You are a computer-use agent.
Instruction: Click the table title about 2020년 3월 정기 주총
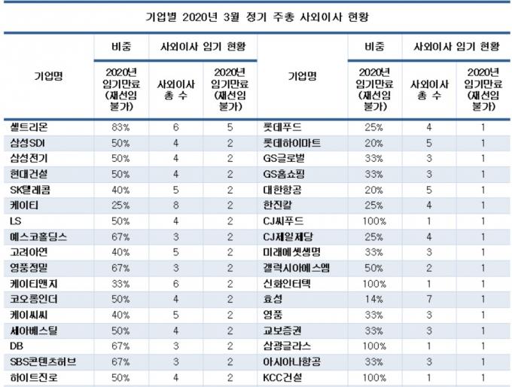(257, 17)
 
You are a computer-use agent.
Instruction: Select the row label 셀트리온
(29, 126)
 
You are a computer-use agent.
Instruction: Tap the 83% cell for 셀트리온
(120, 127)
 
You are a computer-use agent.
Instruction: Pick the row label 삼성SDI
(27, 143)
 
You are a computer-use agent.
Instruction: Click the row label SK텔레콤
(30, 190)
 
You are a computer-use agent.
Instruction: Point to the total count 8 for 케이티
(175, 206)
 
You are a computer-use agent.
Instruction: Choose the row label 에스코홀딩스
(38, 236)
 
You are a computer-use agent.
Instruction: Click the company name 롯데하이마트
(292, 143)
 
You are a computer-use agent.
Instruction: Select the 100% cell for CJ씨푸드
(374, 221)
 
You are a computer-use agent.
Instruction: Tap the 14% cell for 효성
(374, 299)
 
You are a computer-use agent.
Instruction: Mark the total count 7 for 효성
(429, 299)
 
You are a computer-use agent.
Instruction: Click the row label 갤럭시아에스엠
(296, 268)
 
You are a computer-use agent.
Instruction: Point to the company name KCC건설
(282, 377)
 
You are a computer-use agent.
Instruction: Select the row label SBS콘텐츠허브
(43, 361)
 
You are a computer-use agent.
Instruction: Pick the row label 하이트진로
(34, 377)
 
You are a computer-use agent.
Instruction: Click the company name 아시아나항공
(291, 361)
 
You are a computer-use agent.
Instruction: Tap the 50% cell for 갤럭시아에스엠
(374, 268)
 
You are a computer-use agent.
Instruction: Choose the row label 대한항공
(282, 190)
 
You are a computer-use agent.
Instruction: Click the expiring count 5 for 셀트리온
(230, 127)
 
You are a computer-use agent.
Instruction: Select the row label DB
(17, 346)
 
